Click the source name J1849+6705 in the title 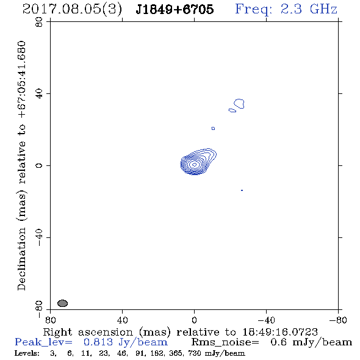pos(175,10)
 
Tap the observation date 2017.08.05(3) pos(72,10)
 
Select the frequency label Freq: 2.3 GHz pos(286,9)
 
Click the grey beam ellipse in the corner pos(62,303)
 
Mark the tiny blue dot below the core pos(242,190)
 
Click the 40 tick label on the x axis pos(122,320)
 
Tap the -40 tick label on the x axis pos(266,320)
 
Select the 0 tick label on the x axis pos(194,320)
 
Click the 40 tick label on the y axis pos(39,94)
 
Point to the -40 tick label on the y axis pos(39,237)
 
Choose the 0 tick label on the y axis pos(39,165)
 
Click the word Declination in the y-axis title pos(21,259)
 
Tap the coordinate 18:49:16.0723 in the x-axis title pos(280,332)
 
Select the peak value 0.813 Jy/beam pos(126,342)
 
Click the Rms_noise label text pos(225,342)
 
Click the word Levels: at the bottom pos(27,353)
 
